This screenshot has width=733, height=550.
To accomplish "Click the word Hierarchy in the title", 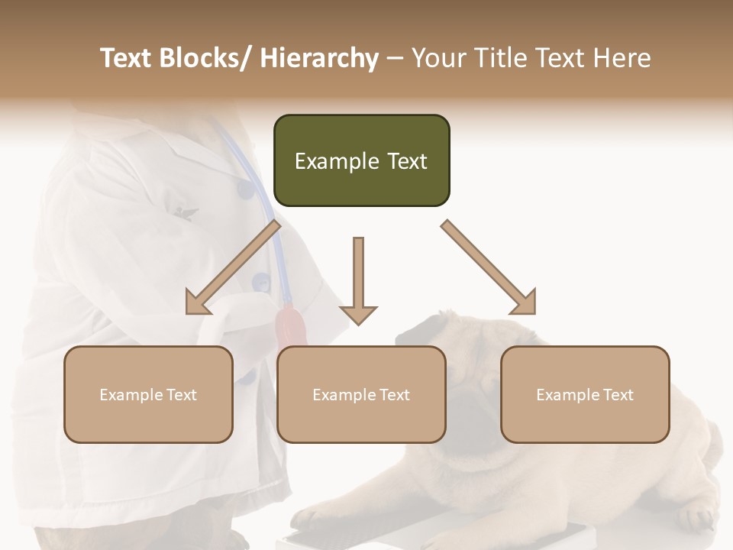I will (319, 58).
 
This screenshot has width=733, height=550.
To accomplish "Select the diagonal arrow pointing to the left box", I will (231, 270).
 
